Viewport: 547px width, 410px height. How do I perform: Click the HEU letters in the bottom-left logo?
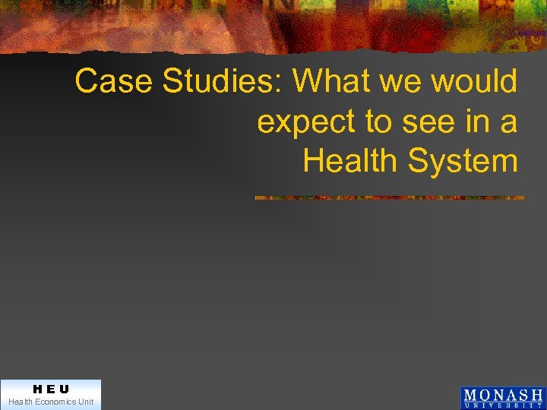pos(50,389)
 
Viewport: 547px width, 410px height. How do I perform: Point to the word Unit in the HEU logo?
pos(85,402)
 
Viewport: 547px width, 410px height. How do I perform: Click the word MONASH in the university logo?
pos(503,396)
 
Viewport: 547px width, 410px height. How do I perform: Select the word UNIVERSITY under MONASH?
pos(503,405)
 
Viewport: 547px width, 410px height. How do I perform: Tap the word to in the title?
pos(375,121)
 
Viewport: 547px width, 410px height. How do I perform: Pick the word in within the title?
pos(474,121)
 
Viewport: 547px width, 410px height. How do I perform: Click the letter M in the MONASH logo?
pos(471,396)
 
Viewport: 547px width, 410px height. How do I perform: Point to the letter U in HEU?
pos(64,389)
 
